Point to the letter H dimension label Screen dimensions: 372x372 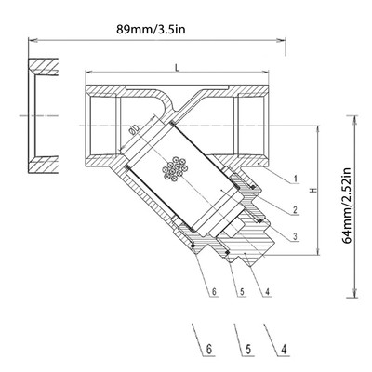312,190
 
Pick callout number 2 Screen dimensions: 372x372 295,211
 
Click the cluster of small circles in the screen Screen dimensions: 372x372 173,170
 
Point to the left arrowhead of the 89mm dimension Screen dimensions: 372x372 31,39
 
